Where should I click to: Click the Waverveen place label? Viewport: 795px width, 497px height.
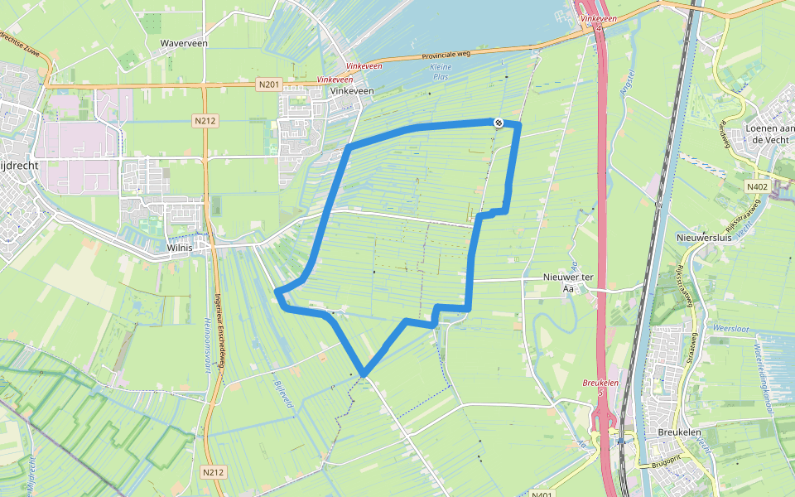click(x=184, y=42)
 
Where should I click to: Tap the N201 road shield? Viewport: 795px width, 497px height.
click(x=268, y=84)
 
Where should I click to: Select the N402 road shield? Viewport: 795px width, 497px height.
click(x=756, y=187)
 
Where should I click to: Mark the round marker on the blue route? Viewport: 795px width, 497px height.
click(x=499, y=123)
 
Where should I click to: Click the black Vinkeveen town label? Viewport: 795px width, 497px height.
click(x=352, y=91)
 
